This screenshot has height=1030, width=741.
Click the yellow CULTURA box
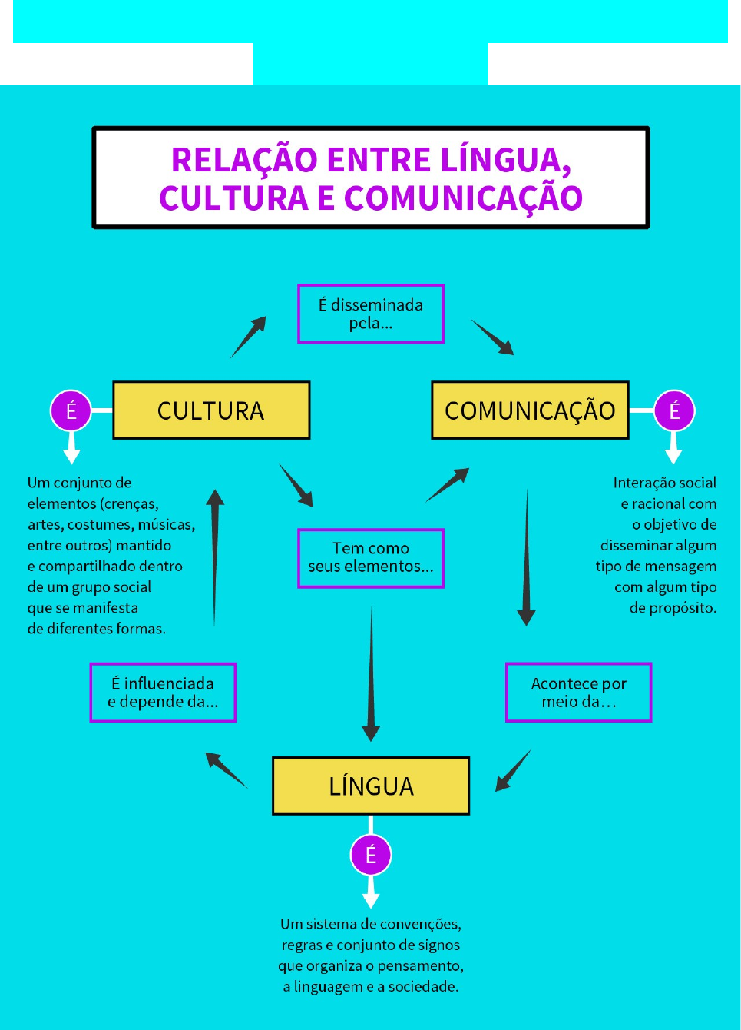tap(211, 410)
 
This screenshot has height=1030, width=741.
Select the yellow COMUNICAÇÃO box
tap(530, 410)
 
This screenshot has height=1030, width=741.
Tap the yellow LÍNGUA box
tap(371, 786)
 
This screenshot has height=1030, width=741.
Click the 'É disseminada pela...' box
tap(371, 314)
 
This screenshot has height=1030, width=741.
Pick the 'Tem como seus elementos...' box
tap(371, 558)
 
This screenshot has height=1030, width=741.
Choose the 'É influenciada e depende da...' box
tap(163, 693)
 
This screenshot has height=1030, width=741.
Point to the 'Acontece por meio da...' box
tap(578, 693)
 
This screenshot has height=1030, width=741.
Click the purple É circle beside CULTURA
tap(71, 410)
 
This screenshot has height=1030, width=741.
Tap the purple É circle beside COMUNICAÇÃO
tap(674, 410)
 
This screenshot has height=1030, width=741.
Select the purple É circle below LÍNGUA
tap(371, 855)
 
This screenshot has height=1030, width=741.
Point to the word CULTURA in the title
tap(233, 198)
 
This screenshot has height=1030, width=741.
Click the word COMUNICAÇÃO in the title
tap(463, 198)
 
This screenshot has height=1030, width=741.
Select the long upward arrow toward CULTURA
tap(215, 557)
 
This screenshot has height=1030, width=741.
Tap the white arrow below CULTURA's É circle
tap(71, 447)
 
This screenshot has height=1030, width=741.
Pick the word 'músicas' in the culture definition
tap(165, 525)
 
